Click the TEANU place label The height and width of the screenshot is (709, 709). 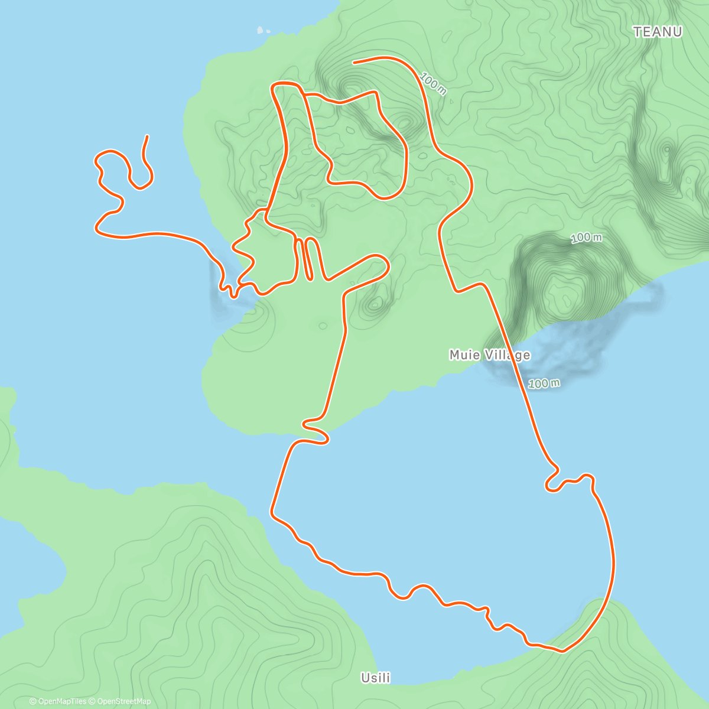pyautogui.click(x=658, y=32)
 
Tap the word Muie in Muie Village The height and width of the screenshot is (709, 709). pyautogui.click(x=464, y=355)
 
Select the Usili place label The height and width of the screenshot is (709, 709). pyautogui.click(x=376, y=678)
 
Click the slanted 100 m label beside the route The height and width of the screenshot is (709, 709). pyautogui.click(x=433, y=83)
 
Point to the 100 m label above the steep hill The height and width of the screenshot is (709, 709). pyautogui.click(x=586, y=238)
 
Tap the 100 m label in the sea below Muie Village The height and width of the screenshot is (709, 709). pyautogui.click(x=544, y=383)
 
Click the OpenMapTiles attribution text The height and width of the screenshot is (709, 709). pyautogui.click(x=61, y=701)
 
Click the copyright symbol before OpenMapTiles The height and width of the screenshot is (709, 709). pyautogui.click(x=33, y=701)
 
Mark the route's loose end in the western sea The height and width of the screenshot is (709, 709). pyautogui.click(x=147, y=136)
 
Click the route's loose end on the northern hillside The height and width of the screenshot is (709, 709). pyautogui.click(x=353, y=62)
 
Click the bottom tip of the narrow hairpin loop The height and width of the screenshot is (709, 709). pyautogui.click(x=308, y=277)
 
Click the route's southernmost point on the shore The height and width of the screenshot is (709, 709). pyautogui.click(x=562, y=651)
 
